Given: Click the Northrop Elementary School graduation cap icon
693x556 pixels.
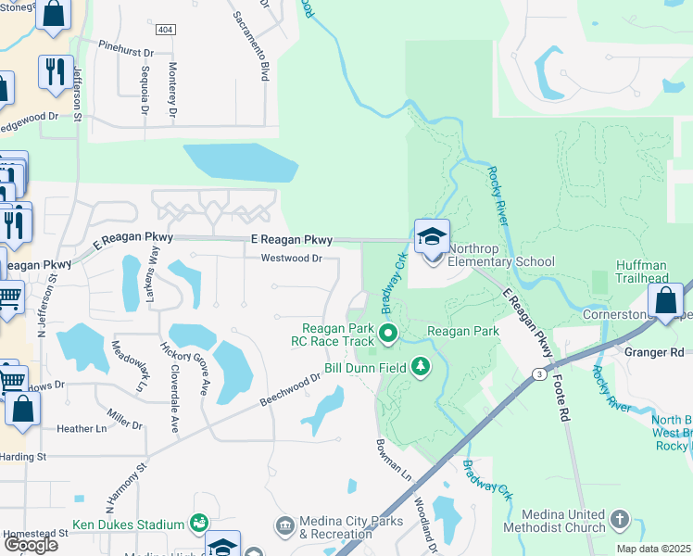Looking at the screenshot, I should pos(432,237).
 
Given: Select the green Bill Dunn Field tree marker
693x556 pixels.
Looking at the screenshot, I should pos(422,368).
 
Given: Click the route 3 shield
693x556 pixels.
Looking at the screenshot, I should pos(538,373).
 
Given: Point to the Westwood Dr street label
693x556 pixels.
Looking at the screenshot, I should pos(291,259).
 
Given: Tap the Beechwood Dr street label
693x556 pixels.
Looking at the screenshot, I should pos(290,388).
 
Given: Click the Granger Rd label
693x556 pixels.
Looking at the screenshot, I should pos(654,352).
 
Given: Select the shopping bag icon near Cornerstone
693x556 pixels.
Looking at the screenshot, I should pos(665,301).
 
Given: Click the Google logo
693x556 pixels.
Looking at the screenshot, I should pos(31,544).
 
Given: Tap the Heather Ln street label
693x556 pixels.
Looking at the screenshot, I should pos(82,429).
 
